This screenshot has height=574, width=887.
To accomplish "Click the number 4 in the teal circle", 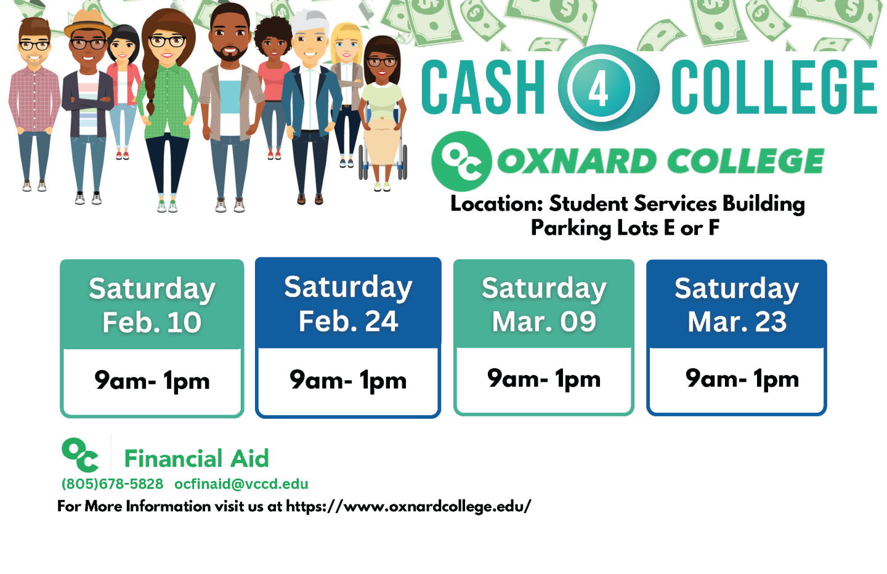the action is coord(598,89).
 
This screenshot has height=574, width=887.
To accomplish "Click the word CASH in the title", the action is coord(483,87).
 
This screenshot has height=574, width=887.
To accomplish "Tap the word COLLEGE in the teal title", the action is coord(774,87).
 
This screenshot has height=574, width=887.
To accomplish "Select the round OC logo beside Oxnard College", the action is coord(462,161).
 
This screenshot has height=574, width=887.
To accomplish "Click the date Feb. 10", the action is coord(152,322).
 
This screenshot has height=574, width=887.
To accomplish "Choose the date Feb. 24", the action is coord(348,321).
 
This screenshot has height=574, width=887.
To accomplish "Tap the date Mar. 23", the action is coord(737,321).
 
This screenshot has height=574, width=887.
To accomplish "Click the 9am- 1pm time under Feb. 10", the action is coord(152,381).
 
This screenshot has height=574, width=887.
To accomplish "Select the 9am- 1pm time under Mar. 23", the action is coord(742,379).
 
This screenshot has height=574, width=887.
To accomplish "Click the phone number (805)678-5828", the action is coord(113,483).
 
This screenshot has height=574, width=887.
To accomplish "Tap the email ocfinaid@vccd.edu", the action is coord(241,483).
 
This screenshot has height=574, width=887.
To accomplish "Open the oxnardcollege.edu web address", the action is coord(408,507).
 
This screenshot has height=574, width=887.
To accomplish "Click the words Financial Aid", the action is coord(197,458).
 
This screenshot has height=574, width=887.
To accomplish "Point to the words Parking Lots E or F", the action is coord(625,228).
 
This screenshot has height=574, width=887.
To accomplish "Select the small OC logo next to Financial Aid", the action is coord(80,455).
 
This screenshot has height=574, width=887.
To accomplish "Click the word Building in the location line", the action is coord(764,204).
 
